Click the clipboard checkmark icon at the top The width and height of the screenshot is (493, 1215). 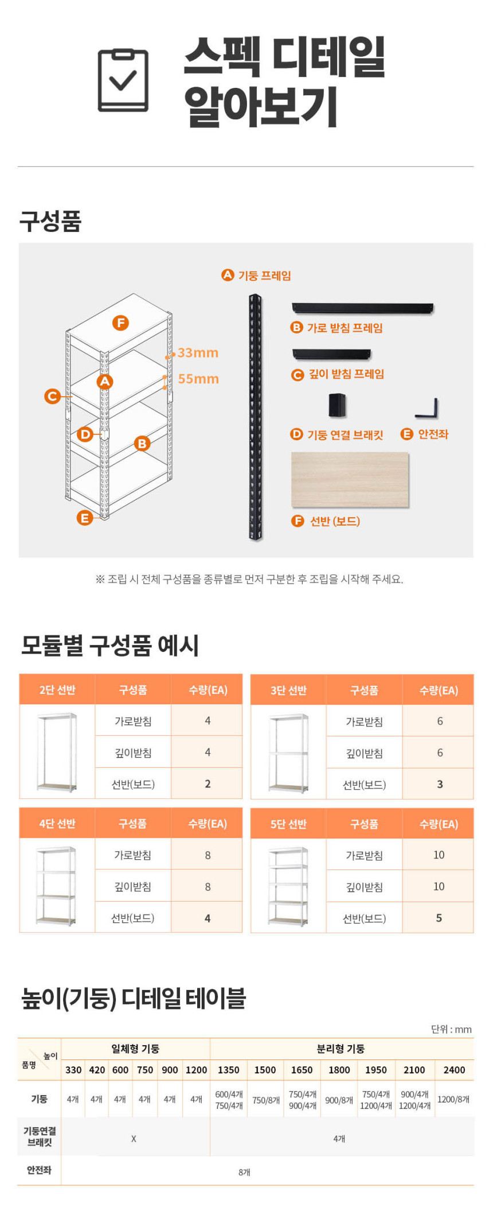point(123,80)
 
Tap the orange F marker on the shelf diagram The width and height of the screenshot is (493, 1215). point(120,323)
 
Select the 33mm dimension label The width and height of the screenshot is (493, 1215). point(198,352)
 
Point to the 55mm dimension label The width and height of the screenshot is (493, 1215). point(198,379)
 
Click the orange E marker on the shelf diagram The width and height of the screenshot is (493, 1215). point(85,518)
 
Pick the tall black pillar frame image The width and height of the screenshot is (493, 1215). point(255,417)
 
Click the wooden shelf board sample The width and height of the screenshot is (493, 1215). point(350,480)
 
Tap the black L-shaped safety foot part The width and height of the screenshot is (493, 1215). point(427,409)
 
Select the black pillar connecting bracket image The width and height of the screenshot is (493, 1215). point(337,405)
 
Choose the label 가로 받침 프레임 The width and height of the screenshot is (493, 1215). point(345,328)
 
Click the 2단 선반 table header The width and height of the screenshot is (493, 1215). point(57,690)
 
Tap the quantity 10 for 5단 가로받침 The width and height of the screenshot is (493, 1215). point(439,855)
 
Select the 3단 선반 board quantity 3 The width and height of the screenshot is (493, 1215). point(440,785)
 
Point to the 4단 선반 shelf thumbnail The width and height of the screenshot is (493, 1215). point(56,886)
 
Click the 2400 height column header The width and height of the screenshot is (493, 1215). point(454,1070)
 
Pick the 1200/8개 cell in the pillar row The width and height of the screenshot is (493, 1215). point(453,1099)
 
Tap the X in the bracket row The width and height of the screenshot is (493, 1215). point(134,1139)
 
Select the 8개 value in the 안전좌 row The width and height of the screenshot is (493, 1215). point(245,1172)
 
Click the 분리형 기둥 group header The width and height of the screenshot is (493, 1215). point(341,1049)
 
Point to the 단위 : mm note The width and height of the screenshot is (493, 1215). point(451,1029)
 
